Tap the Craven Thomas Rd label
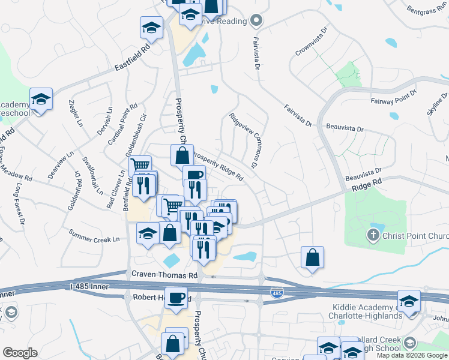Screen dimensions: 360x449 click(164, 275)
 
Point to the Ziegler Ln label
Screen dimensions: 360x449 click(76, 113)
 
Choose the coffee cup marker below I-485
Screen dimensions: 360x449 click(176, 298)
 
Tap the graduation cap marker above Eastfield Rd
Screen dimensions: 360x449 click(152, 27)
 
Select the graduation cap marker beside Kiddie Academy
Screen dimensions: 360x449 click(409, 301)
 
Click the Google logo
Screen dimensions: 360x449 click(20, 353)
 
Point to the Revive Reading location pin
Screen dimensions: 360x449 click(257, 21)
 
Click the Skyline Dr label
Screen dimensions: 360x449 click(436, 106)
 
